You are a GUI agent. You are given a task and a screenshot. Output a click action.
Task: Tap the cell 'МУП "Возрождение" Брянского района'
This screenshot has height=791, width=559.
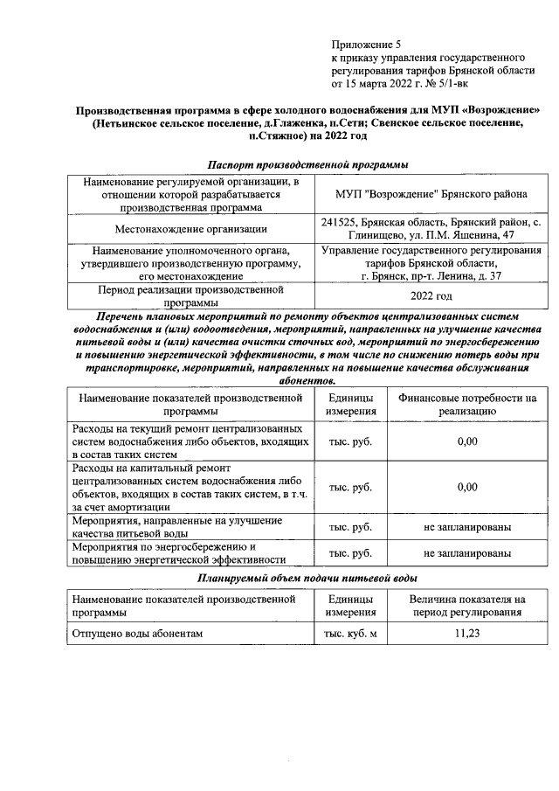click(x=431, y=193)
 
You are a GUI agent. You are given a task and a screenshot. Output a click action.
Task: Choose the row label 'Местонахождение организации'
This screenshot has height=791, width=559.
click(x=190, y=229)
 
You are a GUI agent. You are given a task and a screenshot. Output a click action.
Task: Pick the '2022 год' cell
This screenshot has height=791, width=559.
click(x=431, y=295)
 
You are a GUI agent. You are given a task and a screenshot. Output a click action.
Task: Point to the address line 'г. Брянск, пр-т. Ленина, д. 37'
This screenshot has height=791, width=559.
click(x=431, y=276)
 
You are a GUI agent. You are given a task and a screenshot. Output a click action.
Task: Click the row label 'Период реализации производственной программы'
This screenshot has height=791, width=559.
click(x=190, y=295)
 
